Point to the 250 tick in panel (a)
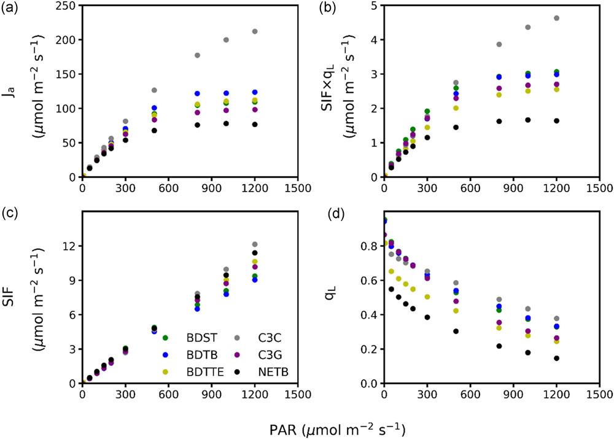68,6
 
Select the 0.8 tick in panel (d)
369,246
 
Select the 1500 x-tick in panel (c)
297,393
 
